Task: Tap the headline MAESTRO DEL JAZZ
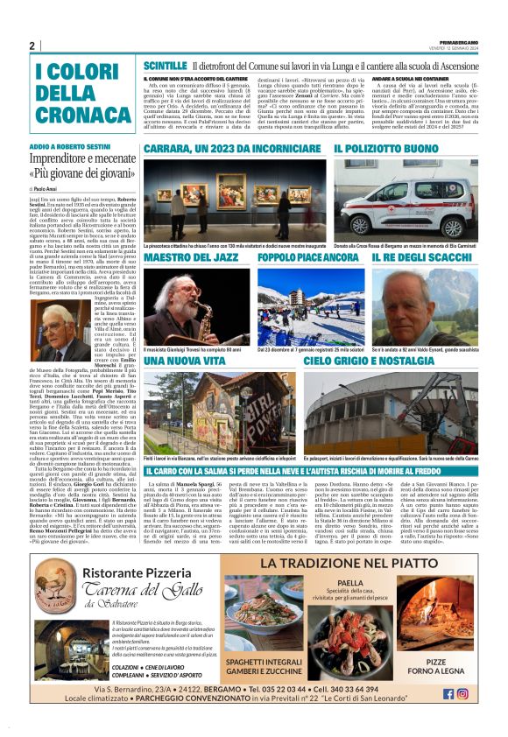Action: [x=193, y=258]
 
